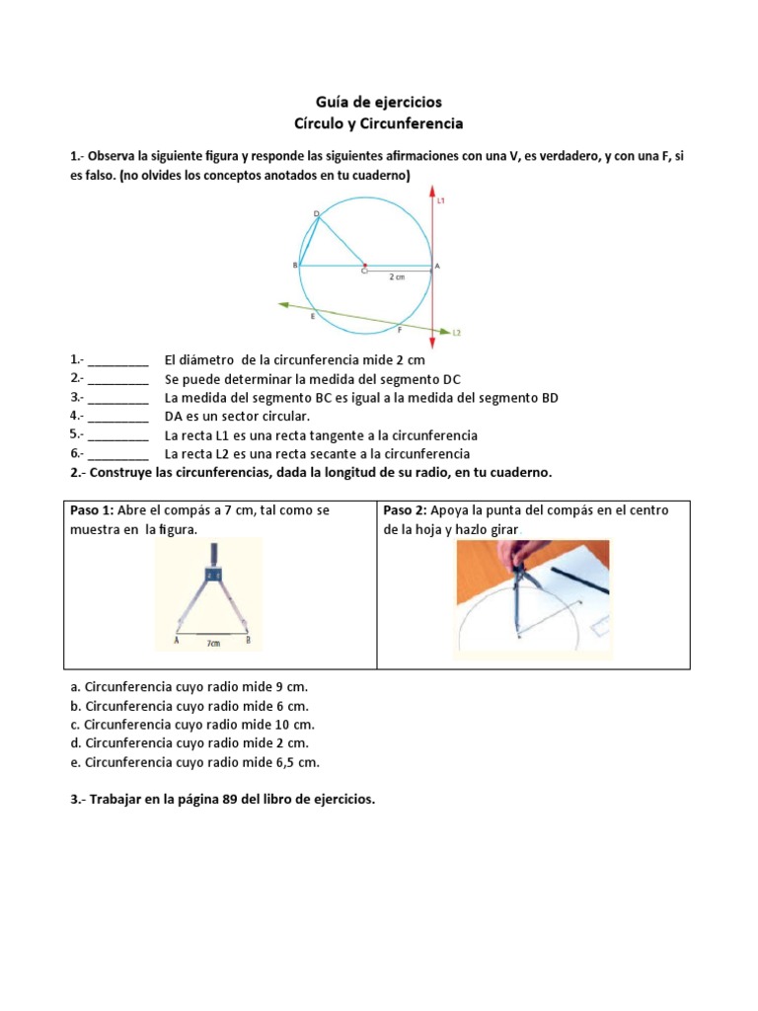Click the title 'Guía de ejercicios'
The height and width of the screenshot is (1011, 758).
pos(379,102)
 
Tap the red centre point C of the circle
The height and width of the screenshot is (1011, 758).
pos(365,267)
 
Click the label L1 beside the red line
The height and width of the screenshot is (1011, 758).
pos(441,201)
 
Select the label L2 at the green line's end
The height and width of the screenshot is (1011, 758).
pos(457,333)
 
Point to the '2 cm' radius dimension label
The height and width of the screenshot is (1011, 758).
pos(397,277)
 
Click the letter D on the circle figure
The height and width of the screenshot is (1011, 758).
pos(316,213)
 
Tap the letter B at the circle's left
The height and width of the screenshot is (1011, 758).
pos(294,267)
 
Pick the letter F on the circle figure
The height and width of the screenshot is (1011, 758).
pos(399,331)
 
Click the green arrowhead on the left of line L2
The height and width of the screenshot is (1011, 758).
pos(283,305)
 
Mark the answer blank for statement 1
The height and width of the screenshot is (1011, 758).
pos(118,361)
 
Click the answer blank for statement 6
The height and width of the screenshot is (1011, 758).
pos(118,454)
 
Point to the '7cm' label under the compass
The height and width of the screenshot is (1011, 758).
pos(212,642)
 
